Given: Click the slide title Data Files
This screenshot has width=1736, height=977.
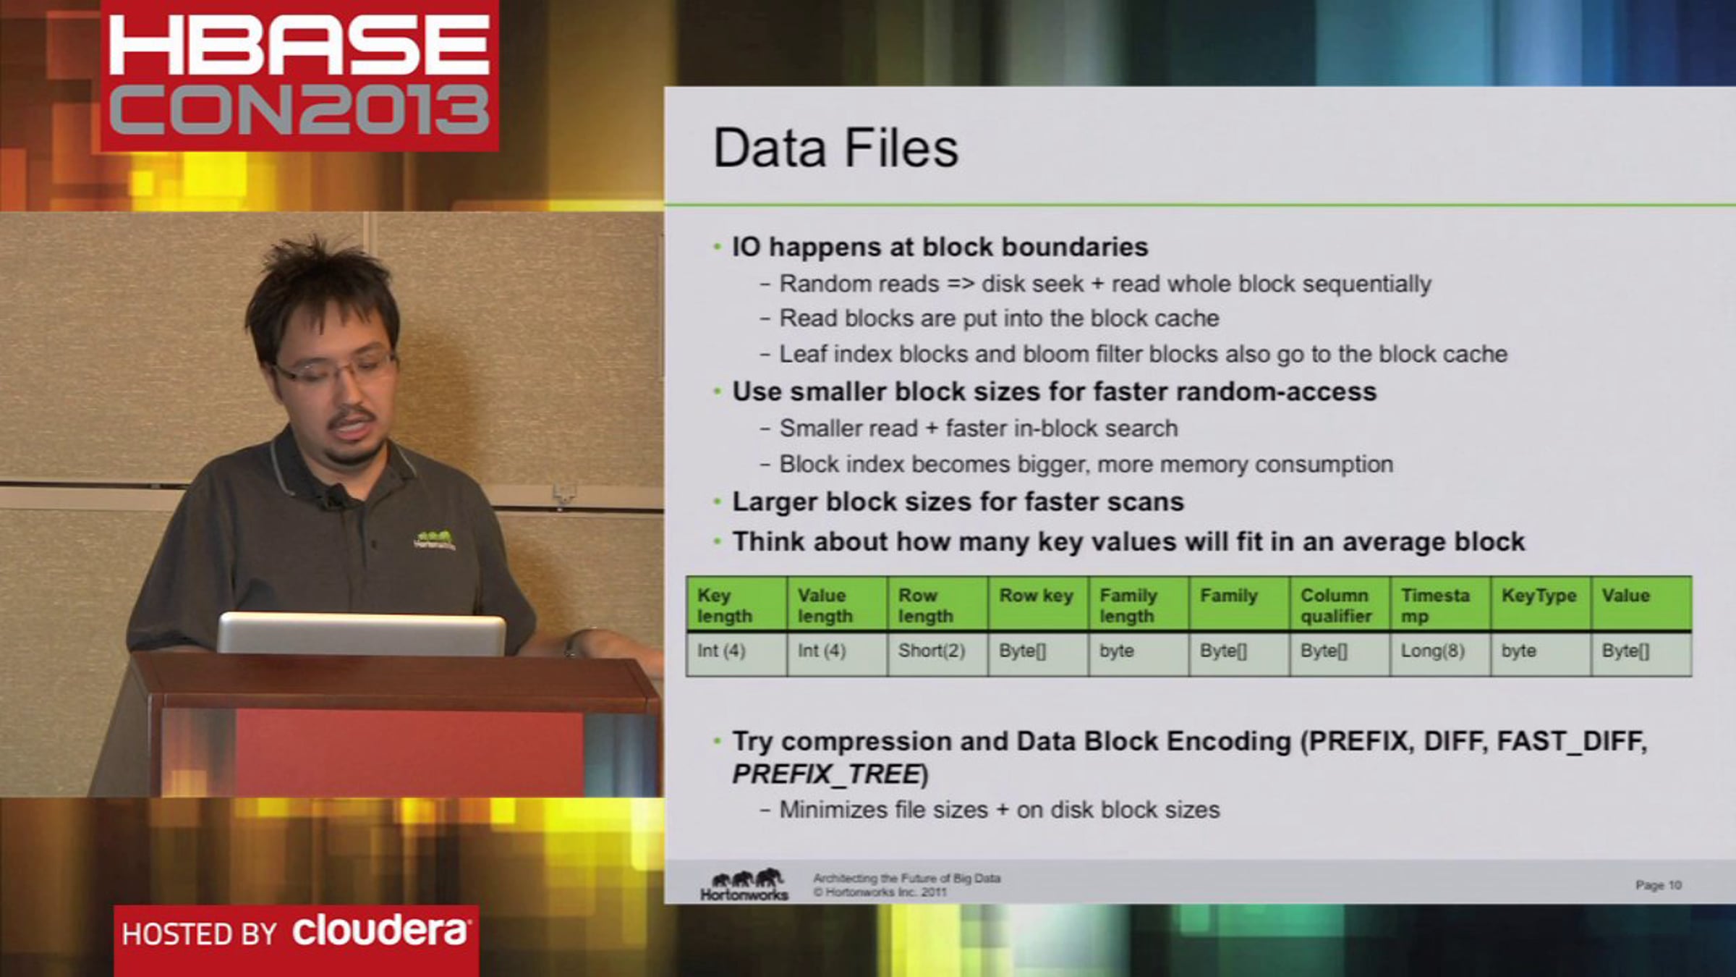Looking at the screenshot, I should [x=835, y=148].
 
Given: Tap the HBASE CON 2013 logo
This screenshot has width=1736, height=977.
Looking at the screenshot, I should [x=299, y=75].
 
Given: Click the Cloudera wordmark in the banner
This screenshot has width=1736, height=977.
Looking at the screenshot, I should [x=380, y=931].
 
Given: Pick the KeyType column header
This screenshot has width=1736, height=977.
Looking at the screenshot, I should [x=1540, y=605].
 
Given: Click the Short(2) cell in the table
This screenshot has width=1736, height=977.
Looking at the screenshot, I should [x=937, y=651].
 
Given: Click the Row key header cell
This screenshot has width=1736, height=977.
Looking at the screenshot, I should [x=1037, y=605].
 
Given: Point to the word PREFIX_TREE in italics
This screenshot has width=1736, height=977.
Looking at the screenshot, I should [x=826, y=774].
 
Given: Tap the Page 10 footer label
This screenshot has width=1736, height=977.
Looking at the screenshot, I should [x=1658, y=885].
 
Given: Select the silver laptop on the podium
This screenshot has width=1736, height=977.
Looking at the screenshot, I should [x=362, y=635].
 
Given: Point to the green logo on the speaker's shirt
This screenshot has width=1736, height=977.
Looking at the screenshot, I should [x=435, y=540].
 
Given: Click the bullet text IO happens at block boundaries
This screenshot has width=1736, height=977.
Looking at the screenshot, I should [x=940, y=247].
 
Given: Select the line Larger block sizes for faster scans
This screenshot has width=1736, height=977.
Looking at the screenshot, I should [x=958, y=502].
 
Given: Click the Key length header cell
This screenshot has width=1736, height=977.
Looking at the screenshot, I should [x=736, y=605].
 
